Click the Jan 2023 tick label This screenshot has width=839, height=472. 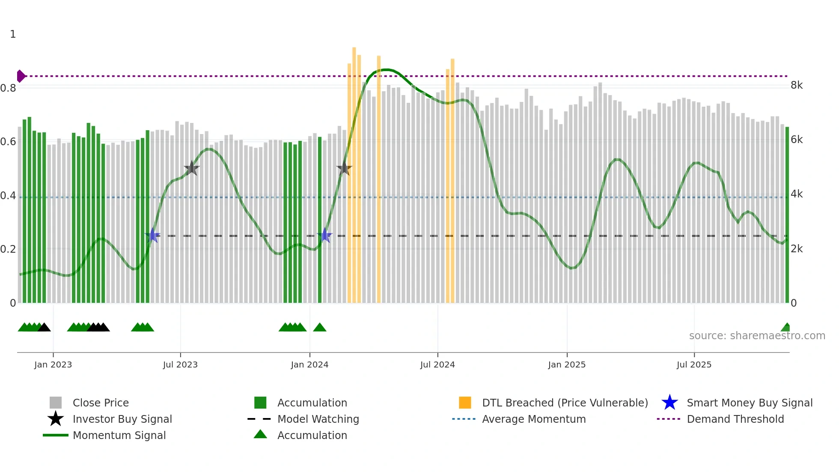click(53, 364)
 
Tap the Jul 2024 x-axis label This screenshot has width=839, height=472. click(437, 364)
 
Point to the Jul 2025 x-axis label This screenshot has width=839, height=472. click(694, 364)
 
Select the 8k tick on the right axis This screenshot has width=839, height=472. click(797, 85)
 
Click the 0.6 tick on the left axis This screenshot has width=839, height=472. click(8, 142)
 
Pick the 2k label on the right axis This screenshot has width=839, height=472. click(797, 249)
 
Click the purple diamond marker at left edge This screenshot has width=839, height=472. click(21, 76)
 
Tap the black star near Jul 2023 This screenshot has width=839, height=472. click(191, 169)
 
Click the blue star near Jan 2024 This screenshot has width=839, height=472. click(324, 236)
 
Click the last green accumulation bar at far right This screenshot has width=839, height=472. click(787, 214)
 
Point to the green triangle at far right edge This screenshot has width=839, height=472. click(786, 328)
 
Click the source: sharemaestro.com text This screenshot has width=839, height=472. click(757, 336)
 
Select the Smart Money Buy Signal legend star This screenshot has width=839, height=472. click(669, 403)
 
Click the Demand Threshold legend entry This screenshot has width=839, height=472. click(735, 419)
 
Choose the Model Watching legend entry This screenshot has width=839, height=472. click(318, 419)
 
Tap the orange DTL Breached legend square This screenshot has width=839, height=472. click(465, 403)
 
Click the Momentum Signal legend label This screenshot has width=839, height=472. click(119, 435)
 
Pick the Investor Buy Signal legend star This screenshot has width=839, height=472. click(56, 419)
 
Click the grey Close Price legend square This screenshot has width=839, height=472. click(56, 403)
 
